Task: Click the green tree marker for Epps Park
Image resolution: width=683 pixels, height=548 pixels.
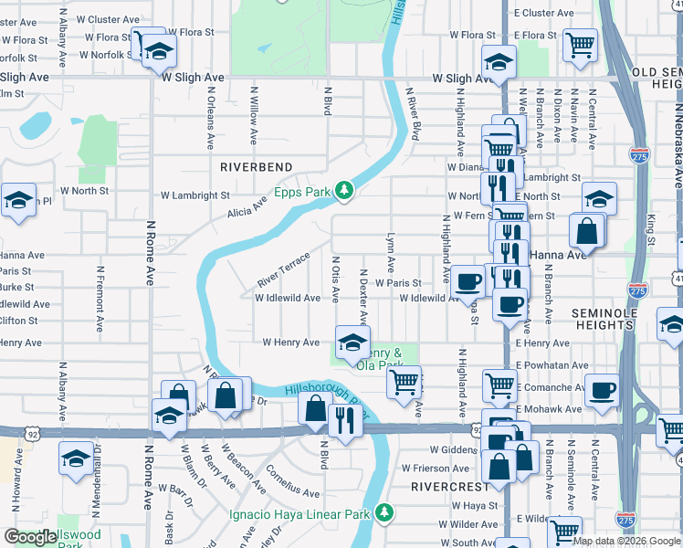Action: click(344, 190)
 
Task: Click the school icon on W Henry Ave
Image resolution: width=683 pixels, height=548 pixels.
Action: click(352, 342)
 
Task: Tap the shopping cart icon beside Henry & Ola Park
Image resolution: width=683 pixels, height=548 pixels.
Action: click(404, 381)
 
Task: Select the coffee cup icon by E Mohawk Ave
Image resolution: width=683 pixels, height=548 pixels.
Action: click(602, 390)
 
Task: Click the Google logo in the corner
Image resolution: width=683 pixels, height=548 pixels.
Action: click(31, 537)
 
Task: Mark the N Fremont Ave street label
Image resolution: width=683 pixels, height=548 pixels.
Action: click(99, 298)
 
